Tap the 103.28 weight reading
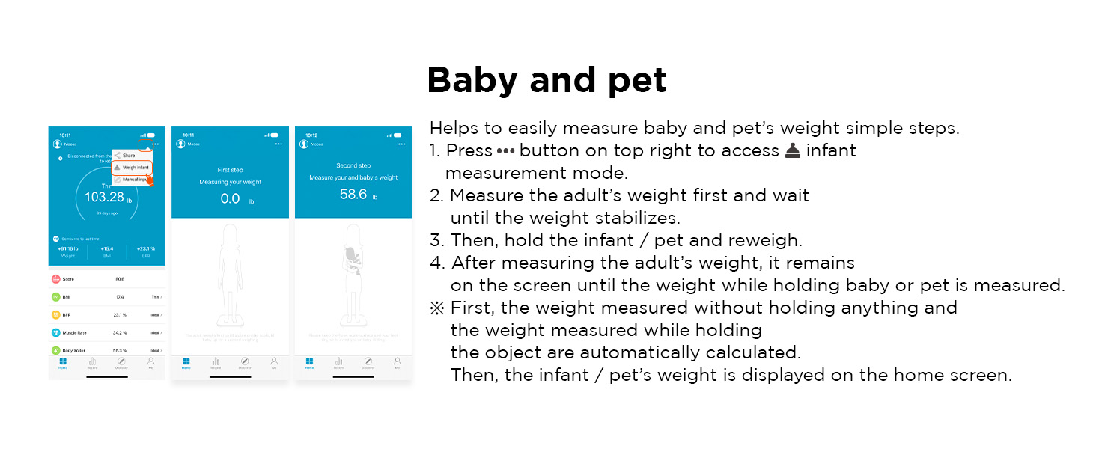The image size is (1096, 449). point(105,198)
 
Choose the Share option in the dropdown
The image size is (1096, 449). point(130,155)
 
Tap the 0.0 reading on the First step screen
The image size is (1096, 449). point(230,199)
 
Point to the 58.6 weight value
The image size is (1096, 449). point(353,195)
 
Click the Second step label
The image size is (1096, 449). point(353,165)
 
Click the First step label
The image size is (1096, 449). point(230,170)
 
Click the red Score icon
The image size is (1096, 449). point(56,279)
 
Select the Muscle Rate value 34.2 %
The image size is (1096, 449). point(119,332)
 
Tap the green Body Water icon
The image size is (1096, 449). point(56,350)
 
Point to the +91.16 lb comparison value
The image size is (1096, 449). point(68,248)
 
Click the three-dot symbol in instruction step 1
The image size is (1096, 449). point(506,151)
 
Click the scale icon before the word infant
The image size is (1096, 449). point(793,151)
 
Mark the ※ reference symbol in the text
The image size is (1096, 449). point(436,308)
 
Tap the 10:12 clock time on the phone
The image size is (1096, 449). point(311,135)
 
